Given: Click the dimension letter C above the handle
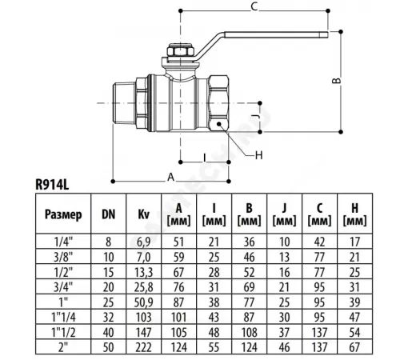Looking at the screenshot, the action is [x=254, y=6].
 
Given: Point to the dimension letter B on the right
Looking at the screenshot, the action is [x=337, y=81].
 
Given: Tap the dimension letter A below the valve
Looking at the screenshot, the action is [x=170, y=177].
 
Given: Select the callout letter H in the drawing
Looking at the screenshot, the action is [x=259, y=155].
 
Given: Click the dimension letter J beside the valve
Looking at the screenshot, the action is [x=255, y=117].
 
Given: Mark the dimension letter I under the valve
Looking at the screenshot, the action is [x=205, y=158].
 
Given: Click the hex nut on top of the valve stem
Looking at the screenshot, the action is [x=181, y=51].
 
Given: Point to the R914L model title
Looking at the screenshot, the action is [x=52, y=184].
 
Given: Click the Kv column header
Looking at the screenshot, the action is [x=143, y=214].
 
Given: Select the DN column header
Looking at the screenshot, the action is [x=108, y=214].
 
